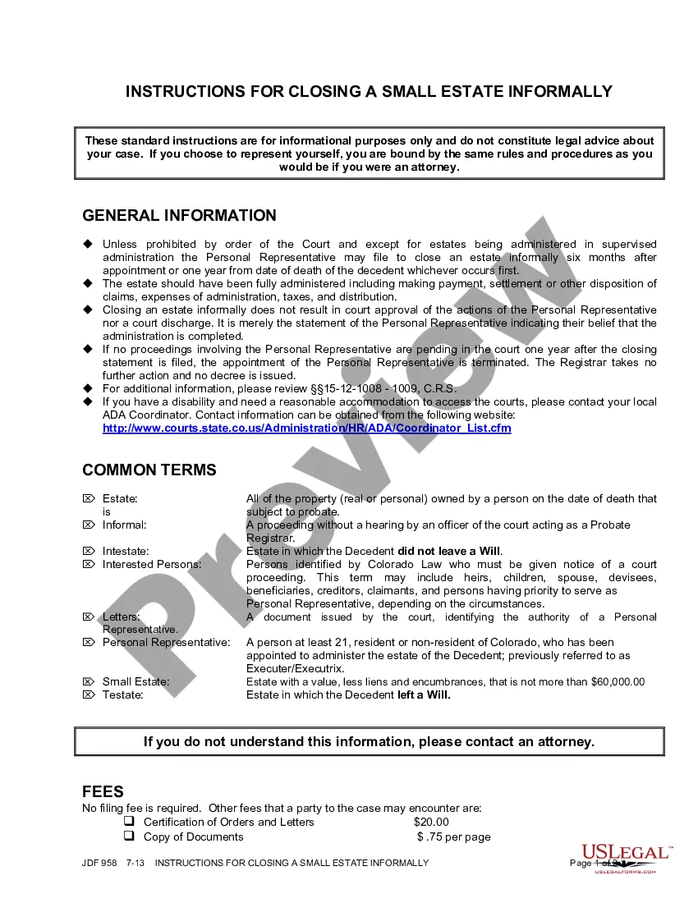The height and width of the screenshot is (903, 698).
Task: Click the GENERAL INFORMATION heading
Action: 179,216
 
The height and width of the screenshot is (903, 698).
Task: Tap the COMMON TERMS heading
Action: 149,470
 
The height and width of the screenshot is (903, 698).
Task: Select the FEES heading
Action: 103,792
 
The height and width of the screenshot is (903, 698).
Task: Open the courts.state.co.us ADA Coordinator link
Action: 306,429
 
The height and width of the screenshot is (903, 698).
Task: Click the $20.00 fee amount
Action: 431,823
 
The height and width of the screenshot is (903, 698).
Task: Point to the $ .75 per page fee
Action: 454,837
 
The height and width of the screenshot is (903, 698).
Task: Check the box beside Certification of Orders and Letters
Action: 129,822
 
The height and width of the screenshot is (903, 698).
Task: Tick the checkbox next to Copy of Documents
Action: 129,837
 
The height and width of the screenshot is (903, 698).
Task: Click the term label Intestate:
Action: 126,552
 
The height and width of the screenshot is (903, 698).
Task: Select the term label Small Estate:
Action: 135,682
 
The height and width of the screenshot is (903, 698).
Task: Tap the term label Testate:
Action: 122,695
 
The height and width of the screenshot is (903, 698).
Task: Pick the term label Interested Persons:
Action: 152,565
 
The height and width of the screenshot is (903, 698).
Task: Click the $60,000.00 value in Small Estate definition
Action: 618,682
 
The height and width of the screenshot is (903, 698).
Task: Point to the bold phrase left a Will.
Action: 424,695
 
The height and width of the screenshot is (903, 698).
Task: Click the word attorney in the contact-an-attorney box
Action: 565,742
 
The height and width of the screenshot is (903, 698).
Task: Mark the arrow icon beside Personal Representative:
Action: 89,642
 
